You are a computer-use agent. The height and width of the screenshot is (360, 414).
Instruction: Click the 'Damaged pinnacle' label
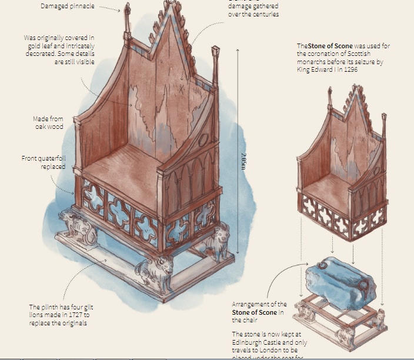point(67,6)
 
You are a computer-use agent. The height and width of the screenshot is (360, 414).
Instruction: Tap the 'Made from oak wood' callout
point(48,122)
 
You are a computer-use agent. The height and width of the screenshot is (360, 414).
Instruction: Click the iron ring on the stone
point(362,286)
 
